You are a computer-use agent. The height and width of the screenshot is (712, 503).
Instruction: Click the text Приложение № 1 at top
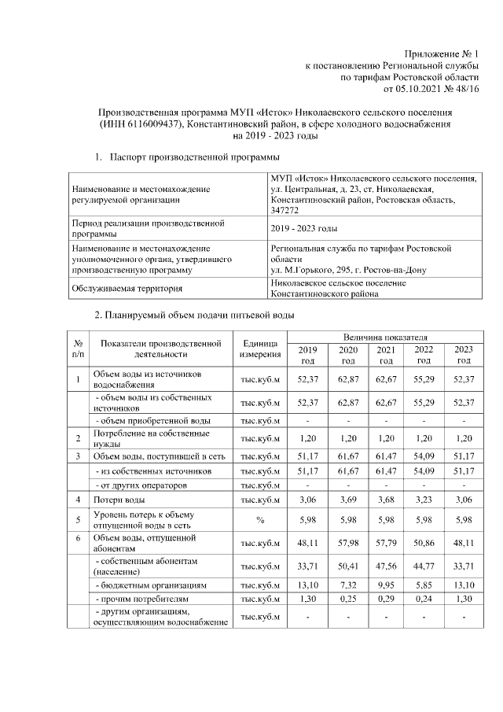pyautogui.click(x=442, y=53)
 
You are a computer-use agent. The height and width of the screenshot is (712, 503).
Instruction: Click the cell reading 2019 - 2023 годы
pyautogui.click(x=303, y=229)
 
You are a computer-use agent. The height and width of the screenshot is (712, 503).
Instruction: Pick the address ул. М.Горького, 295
pyautogui.click(x=314, y=270)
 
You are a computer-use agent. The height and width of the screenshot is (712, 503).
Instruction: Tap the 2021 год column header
pyautogui.click(x=385, y=355)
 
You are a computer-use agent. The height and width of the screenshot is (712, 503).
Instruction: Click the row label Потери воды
pyautogui.click(x=119, y=500)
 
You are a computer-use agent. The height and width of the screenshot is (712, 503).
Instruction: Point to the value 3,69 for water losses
pyautogui.click(x=347, y=500)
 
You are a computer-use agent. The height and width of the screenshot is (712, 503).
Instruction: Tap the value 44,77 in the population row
pyautogui.click(x=424, y=564)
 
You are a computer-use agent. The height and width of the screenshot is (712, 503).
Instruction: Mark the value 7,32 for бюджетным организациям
pyautogui.click(x=347, y=586)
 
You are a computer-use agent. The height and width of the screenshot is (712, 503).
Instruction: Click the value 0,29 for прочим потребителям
pyautogui.click(x=385, y=599)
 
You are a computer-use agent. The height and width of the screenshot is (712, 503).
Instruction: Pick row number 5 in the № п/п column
pyautogui.click(x=78, y=519)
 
